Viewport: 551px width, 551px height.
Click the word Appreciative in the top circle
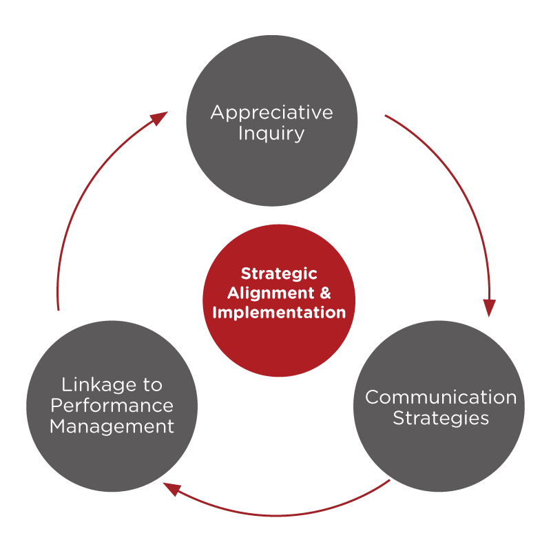click(271, 112)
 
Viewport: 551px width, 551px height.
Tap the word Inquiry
click(271, 133)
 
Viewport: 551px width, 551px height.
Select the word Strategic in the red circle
click(279, 274)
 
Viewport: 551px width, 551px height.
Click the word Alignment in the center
click(270, 293)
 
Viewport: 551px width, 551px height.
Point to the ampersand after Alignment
click(326, 293)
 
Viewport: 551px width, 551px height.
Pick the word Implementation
click(279, 312)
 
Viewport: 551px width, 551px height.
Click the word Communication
click(440, 397)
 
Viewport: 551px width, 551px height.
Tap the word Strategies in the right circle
click(441, 418)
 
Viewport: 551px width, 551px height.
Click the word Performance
click(112, 405)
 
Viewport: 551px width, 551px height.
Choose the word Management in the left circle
click(112, 426)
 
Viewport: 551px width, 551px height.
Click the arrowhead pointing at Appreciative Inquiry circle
click(159, 118)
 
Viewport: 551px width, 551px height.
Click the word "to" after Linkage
click(152, 384)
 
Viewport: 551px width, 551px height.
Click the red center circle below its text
click(279, 348)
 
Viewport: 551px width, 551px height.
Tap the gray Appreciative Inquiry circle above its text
click(271, 69)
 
